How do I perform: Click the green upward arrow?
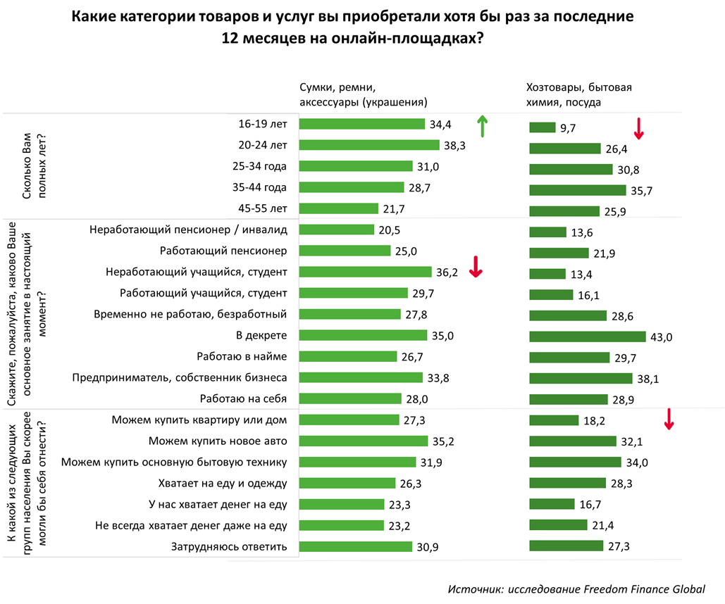click(482, 126)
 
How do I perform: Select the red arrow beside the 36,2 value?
click(476, 267)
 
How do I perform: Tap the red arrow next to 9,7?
click(638, 128)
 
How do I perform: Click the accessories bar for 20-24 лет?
click(369, 145)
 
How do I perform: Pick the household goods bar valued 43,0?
click(587, 336)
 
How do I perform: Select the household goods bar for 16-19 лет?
click(543, 127)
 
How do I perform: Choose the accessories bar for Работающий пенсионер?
click(345, 251)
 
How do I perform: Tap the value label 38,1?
click(647, 379)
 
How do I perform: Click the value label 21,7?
click(394, 209)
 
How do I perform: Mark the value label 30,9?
click(428, 547)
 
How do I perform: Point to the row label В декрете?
click(261, 335)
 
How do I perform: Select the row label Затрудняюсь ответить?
click(229, 547)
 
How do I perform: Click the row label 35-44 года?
click(259, 187)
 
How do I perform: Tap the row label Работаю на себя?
click(243, 398)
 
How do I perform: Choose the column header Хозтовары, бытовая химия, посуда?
click(579, 95)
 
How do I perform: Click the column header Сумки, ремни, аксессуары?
click(364, 95)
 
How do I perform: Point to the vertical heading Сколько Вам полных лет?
click(35, 166)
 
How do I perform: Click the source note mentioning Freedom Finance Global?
click(576, 589)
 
